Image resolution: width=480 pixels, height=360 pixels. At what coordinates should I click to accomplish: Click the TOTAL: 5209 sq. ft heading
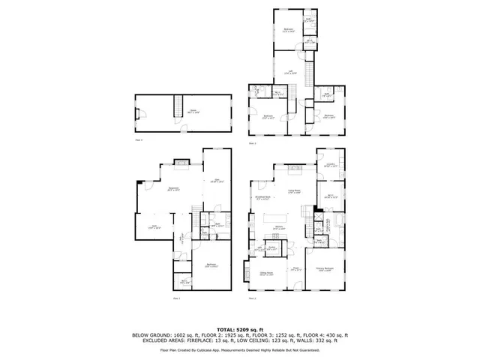(240, 329)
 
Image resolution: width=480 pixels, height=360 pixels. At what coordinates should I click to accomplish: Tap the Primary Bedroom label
(325, 271)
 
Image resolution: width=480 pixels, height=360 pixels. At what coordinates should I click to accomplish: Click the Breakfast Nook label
(263, 198)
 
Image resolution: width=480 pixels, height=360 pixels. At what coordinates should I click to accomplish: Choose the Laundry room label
(329, 166)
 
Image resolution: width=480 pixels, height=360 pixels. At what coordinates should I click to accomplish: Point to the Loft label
(290, 72)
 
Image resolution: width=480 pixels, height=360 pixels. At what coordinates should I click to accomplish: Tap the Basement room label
(172, 188)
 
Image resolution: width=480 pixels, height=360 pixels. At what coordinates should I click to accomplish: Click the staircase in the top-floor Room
(178, 106)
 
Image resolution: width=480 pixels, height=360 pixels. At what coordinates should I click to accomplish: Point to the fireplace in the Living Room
(295, 166)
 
